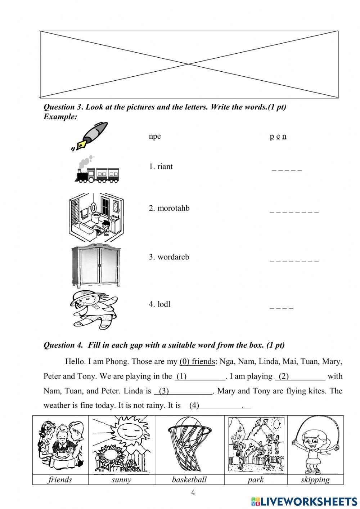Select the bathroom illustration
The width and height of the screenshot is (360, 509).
[x=96, y=217]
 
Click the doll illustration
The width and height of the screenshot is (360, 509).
[x=94, y=309]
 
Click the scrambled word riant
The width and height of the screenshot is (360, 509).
[x=161, y=166]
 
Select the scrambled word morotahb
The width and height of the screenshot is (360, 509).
[x=169, y=208]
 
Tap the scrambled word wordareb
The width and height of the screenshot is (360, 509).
[x=169, y=257]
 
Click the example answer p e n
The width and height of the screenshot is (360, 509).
[x=278, y=136]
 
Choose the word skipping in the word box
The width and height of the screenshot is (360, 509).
[x=315, y=480]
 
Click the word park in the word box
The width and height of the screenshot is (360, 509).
[x=256, y=480]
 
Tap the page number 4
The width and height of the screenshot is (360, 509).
[x=193, y=492]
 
